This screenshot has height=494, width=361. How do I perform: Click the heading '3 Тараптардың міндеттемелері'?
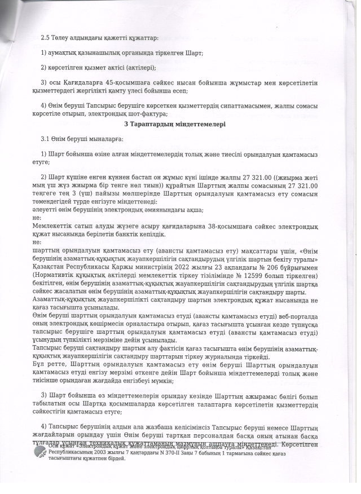click(175, 124)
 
